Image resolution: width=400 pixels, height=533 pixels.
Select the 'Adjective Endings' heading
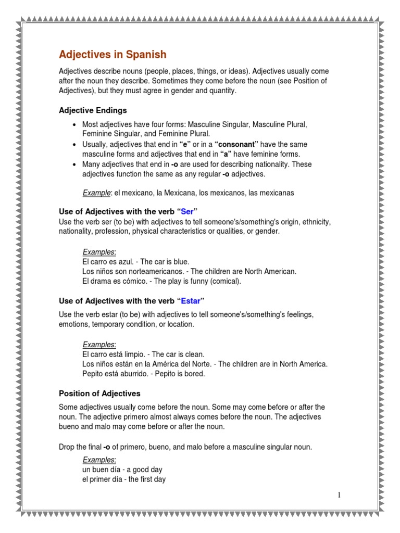tap(93, 110)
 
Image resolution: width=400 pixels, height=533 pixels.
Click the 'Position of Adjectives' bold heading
tap(99, 394)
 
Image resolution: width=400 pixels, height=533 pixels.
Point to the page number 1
tap(339, 495)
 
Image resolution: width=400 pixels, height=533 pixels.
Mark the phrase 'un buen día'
tap(100, 469)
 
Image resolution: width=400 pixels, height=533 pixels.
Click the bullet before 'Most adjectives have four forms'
tap(75, 125)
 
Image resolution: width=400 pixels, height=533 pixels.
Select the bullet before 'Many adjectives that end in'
tap(75, 164)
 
